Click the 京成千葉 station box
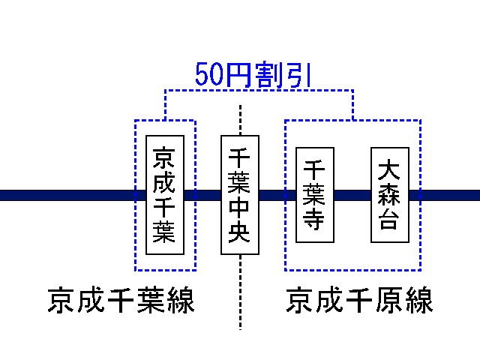coord(165,195)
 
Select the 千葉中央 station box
coord(240,195)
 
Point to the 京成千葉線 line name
coord(121,302)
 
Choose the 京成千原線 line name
coord(360,302)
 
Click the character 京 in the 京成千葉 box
coord(165,158)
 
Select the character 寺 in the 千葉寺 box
coord(315,220)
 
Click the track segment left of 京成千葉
coord(67,196)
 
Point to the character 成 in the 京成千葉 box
coord(165,182)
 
